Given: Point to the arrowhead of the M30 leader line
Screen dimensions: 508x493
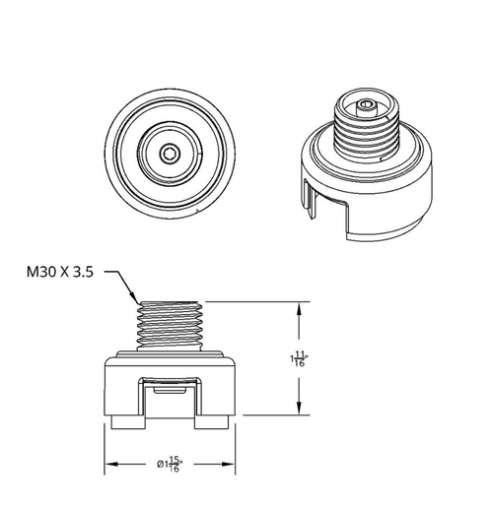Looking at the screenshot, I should pyautogui.click(x=135, y=299).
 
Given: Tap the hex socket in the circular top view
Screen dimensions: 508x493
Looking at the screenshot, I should pyautogui.click(x=171, y=152).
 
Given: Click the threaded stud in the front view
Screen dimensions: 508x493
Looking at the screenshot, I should pyautogui.click(x=172, y=325).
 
